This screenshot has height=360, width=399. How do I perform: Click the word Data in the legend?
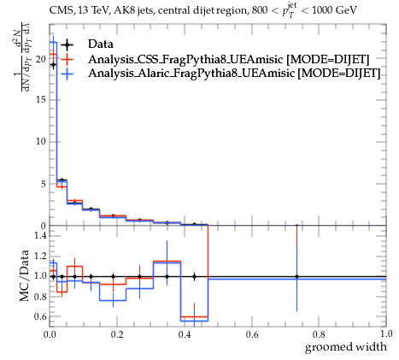(101, 44)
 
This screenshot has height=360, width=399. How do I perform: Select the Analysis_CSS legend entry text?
(229, 59)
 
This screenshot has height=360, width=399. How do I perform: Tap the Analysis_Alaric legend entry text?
(234, 73)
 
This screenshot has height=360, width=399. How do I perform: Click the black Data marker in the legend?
(67, 44)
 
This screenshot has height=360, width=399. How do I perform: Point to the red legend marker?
(67, 59)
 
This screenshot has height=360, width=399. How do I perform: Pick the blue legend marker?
(67, 74)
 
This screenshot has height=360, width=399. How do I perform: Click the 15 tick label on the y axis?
(40, 100)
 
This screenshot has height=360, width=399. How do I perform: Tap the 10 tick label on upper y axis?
(40, 142)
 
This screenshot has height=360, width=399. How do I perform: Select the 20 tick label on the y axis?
(40, 59)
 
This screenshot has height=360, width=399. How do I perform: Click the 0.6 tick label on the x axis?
(252, 334)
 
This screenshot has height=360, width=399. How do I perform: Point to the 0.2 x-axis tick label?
(117, 334)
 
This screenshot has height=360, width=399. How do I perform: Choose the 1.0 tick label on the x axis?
(386, 333)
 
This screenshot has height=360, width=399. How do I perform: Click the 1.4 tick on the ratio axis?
(40, 236)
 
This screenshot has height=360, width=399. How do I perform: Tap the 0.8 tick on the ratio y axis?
(40, 297)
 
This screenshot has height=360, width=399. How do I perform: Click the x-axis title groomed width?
(346, 347)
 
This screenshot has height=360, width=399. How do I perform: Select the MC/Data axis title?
(24, 275)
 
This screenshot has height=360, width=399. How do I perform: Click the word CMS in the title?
(59, 11)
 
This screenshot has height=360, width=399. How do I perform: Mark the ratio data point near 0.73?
(296, 276)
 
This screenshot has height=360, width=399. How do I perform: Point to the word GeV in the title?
(346, 10)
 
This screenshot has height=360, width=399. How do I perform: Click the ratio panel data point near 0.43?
(194, 276)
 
